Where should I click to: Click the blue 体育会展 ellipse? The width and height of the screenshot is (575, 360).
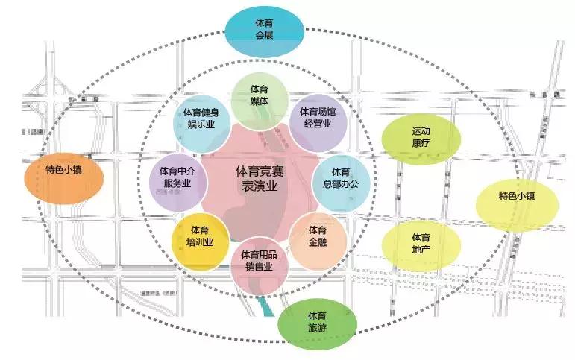click(x=265, y=28)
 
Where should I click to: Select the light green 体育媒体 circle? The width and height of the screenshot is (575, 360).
click(x=259, y=95)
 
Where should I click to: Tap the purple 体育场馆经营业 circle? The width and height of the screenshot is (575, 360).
click(x=317, y=118)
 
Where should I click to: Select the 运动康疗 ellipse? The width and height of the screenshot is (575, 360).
click(x=421, y=136)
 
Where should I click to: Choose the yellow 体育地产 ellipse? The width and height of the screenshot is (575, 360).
click(x=421, y=243)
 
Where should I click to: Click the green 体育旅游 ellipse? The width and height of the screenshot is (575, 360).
click(x=316, y=322)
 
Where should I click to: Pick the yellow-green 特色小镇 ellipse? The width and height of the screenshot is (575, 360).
click(x=517, y=198)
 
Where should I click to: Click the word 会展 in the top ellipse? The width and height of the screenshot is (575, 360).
click(x=265, y=34)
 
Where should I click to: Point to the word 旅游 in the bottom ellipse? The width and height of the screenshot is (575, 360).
click(x=316, y=329)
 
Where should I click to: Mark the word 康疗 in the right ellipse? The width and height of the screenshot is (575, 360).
click(x=421, y=142)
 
